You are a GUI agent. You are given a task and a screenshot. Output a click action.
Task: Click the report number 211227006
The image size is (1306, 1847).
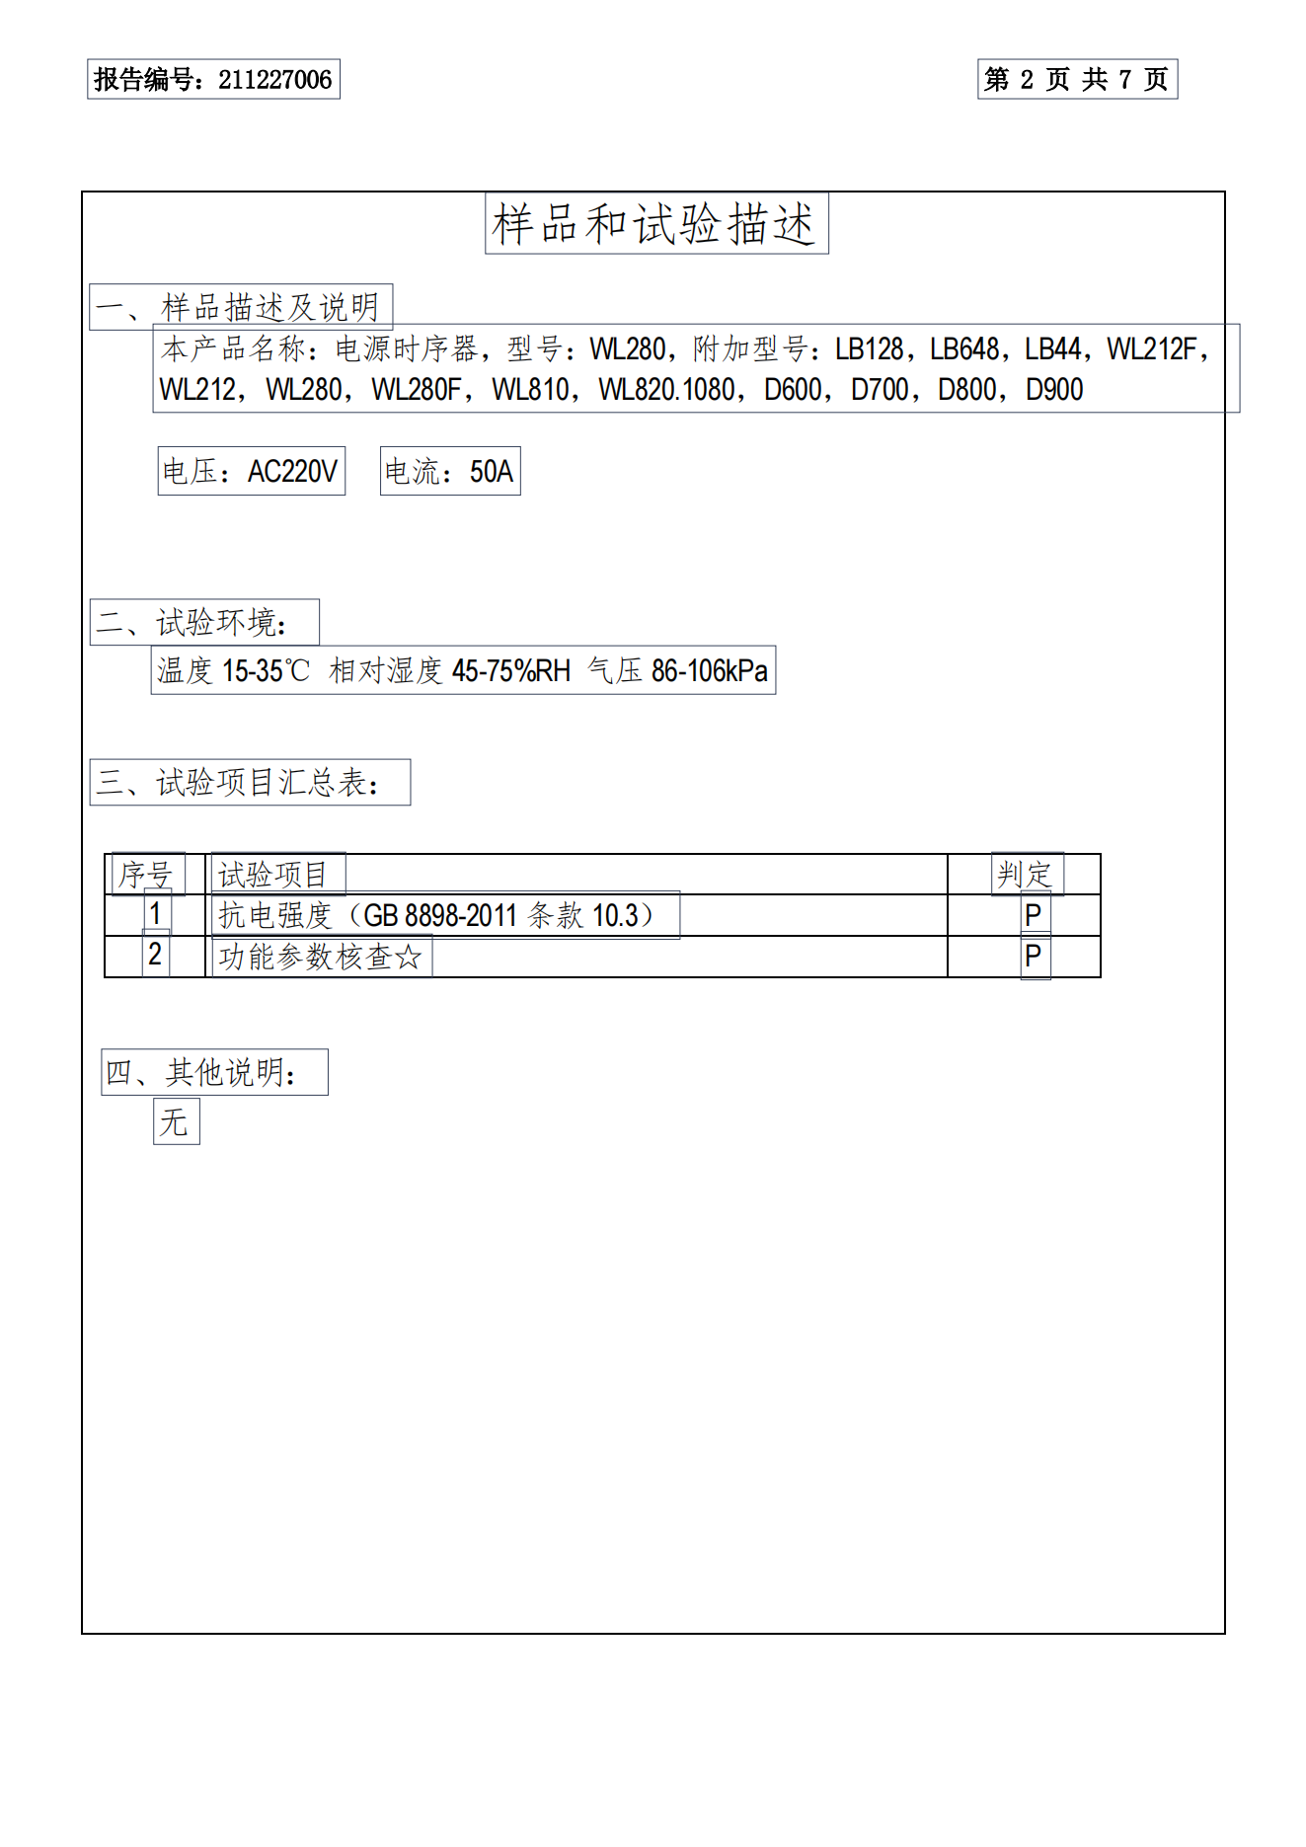pyautogui.click(x=274, y=80)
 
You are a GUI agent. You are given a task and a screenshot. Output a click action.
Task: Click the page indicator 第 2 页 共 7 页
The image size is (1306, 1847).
pyautogui.click(x=1077, y=80)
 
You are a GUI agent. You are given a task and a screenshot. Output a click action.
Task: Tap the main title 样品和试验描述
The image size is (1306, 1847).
pyautogui.click(x=655, y=224)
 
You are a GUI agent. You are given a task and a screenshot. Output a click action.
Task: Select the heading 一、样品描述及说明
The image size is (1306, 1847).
pyautogui.click(x=240, y=307)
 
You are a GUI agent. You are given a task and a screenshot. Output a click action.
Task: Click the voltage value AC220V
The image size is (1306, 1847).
pyautogui.click(x=292, y=472)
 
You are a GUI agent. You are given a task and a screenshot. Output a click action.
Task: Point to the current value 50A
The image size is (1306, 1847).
pyautogui.click(x=492, y=472)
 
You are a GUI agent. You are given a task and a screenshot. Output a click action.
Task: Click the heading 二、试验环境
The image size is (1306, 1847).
pyautogui.click(x=203, y=623)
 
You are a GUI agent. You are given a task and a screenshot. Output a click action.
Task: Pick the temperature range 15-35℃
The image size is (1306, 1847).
pyautogui.click(x=266, y=671)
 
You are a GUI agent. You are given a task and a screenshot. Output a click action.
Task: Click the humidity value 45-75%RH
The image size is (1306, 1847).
pyautogui.click(x=510, y=671)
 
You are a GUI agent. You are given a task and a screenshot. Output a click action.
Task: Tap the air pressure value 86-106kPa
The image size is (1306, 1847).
pyautogui.click(x=709, y=671)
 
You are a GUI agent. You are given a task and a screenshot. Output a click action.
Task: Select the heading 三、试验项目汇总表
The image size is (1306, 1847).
pyautogui.click(x=249, y=783)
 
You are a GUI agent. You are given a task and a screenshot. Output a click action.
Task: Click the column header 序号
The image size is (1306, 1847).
pyautogui.click(x=146, y=875)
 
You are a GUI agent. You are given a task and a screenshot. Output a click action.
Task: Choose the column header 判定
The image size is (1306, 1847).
pyautogui.click(x=1025, y=875)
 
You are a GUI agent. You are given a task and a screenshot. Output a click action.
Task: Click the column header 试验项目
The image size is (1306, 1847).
pyautogui.click(x=272, y=875)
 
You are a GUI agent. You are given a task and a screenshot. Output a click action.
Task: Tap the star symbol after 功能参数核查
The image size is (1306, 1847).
pyautogui.click(x=408, y=958)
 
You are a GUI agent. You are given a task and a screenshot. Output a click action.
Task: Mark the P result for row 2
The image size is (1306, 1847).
pyautogui.click(x=1034, y=957)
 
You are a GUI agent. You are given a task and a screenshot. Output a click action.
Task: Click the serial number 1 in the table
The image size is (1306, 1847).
pyautogui.click(x=155, y=914)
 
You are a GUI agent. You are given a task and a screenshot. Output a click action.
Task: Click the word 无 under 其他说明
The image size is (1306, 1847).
pyautogui.click(x=175, y=1122)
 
